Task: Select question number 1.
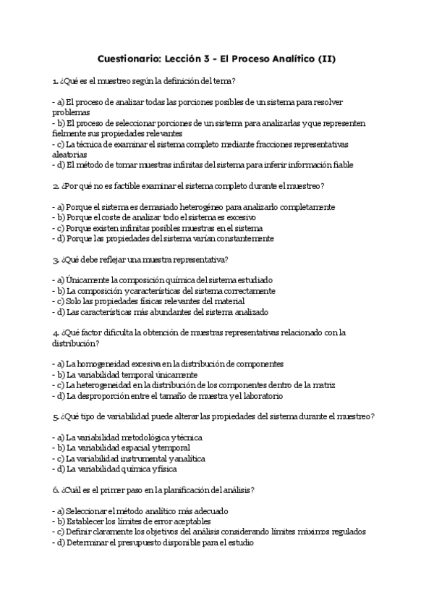coord(55,81)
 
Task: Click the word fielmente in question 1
coord(69,134)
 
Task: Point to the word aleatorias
coord(70,154)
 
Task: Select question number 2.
coord(55,186)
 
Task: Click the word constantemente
coord(240,238)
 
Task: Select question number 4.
coord(55,333)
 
